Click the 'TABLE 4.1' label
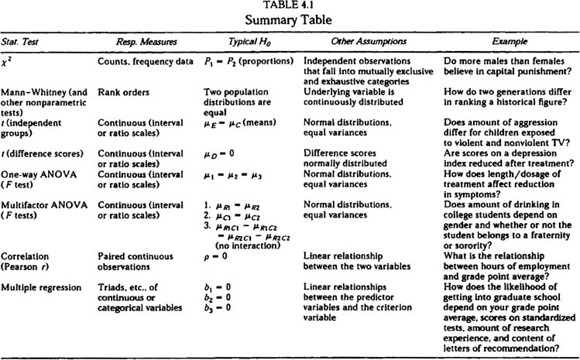point(289,5)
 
